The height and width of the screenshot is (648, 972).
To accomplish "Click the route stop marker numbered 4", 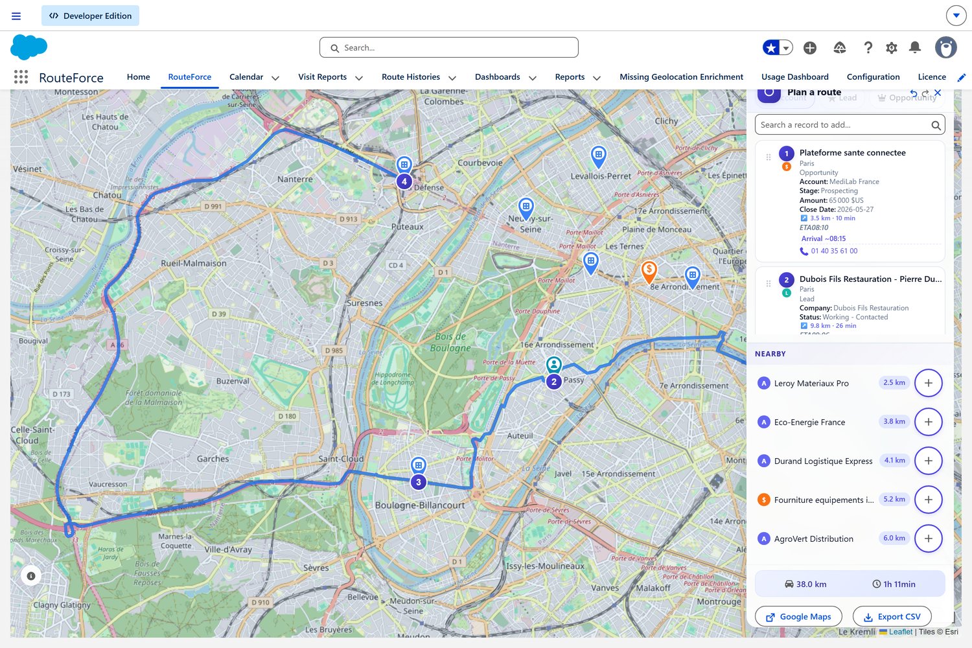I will [x=404, y=181].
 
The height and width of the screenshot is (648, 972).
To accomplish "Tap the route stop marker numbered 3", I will [x=419, y=482].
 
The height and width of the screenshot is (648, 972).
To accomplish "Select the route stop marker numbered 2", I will [x=554, y=382].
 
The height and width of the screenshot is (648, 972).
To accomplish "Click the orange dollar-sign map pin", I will [x=649, y=270].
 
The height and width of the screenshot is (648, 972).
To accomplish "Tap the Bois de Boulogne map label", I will [x=450, y=342].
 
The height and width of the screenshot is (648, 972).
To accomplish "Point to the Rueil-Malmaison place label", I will [x=194, y=264].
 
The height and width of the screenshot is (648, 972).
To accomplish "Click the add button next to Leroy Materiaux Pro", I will [x=928, y=383].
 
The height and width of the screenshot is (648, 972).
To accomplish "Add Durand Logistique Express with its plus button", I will [x=928, y=461].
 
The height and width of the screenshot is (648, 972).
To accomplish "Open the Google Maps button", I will [x=798, y=617].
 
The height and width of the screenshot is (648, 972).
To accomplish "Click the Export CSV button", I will [x=892, y=617].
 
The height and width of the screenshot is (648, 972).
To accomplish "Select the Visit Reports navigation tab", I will [x=322, y=77].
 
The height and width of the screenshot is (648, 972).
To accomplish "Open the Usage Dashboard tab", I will [x=794, y=77].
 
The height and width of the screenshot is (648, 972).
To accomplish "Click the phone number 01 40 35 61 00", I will [x=834, y=251].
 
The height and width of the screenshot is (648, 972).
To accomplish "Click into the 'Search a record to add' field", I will [x=842, y=125].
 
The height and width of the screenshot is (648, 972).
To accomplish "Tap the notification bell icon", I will [x=915, y=47].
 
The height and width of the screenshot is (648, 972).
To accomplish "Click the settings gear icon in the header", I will [x=892, y=47].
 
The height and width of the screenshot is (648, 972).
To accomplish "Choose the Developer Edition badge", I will [x=90, y=16].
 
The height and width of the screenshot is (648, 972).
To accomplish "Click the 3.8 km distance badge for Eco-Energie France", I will [x=894, y=422].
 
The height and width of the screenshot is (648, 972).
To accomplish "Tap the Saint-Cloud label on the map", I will [x=341, y=459].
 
